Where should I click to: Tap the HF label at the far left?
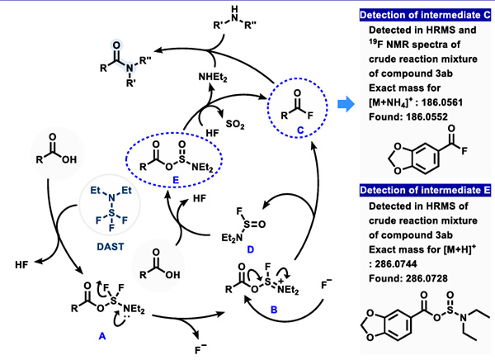(x=23, y=264)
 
